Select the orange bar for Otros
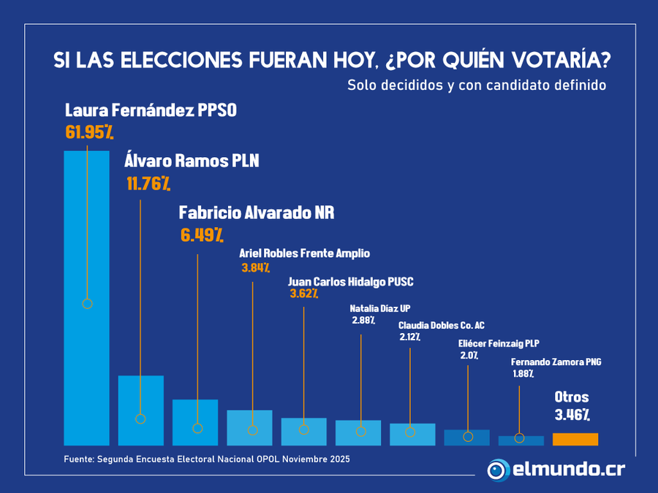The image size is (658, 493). (x=575, y=439)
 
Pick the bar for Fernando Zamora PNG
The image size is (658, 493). (x=521, y=441)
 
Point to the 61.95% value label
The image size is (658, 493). (x=88, y=132)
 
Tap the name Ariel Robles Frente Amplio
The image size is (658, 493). (x=304, y=253)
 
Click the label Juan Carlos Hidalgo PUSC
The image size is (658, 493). (x=351, y=281)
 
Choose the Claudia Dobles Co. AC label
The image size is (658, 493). (x=441, y=325)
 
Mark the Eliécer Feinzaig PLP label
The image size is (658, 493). (x=498, y=343)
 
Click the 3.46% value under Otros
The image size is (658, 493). (x=572, y=415)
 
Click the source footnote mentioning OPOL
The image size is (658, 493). (x=207, y=459)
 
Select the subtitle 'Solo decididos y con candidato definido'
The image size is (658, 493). (x=477, y=85)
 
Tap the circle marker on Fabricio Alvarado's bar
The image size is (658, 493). (x=197, y=428)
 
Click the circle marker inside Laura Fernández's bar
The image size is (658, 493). (x=87, y=303)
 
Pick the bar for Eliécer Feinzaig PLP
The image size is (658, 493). (x=466, y=438)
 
